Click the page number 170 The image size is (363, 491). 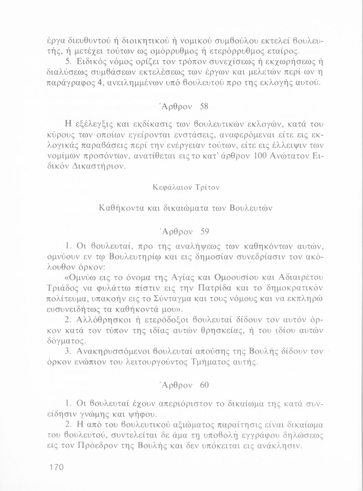(55, 467)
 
